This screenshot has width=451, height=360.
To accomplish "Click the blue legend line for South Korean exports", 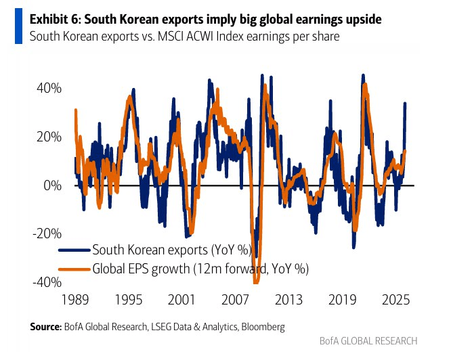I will coord(80,248).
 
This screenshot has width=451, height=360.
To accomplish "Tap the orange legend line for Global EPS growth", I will coord(80,268).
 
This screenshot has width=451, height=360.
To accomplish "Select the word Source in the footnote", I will coord(46,327).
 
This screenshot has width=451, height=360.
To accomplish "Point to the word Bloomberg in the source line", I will coord(261,327).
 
